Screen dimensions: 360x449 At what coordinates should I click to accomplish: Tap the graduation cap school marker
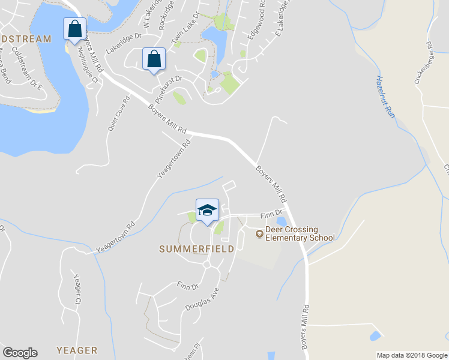pos(207,211)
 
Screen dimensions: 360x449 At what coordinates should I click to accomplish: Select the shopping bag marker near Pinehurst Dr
pos(154,59)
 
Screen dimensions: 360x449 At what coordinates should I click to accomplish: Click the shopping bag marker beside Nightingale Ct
pos(74,29)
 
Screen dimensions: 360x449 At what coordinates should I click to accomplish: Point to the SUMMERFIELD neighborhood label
pos(196,249)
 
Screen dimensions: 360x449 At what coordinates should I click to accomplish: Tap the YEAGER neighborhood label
pos(76,350)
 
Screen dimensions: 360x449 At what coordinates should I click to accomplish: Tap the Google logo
pos(20,353)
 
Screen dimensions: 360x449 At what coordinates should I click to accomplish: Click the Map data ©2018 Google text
pos(411,355)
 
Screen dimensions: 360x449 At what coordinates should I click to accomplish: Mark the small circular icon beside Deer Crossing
pos(259,233)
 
